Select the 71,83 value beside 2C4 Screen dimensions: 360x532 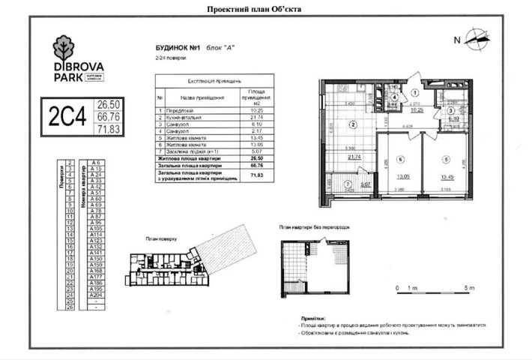(109, 129)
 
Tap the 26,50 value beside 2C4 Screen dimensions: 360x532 (109, 104)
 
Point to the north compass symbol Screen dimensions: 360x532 (476, 39)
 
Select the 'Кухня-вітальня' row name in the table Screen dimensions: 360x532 (184, 118)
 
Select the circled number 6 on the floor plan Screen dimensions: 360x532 (401, 159)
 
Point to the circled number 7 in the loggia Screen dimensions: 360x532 (347, 184)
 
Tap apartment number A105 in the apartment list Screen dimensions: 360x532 (95, 228)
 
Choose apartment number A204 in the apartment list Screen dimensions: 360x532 (95, 295)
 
